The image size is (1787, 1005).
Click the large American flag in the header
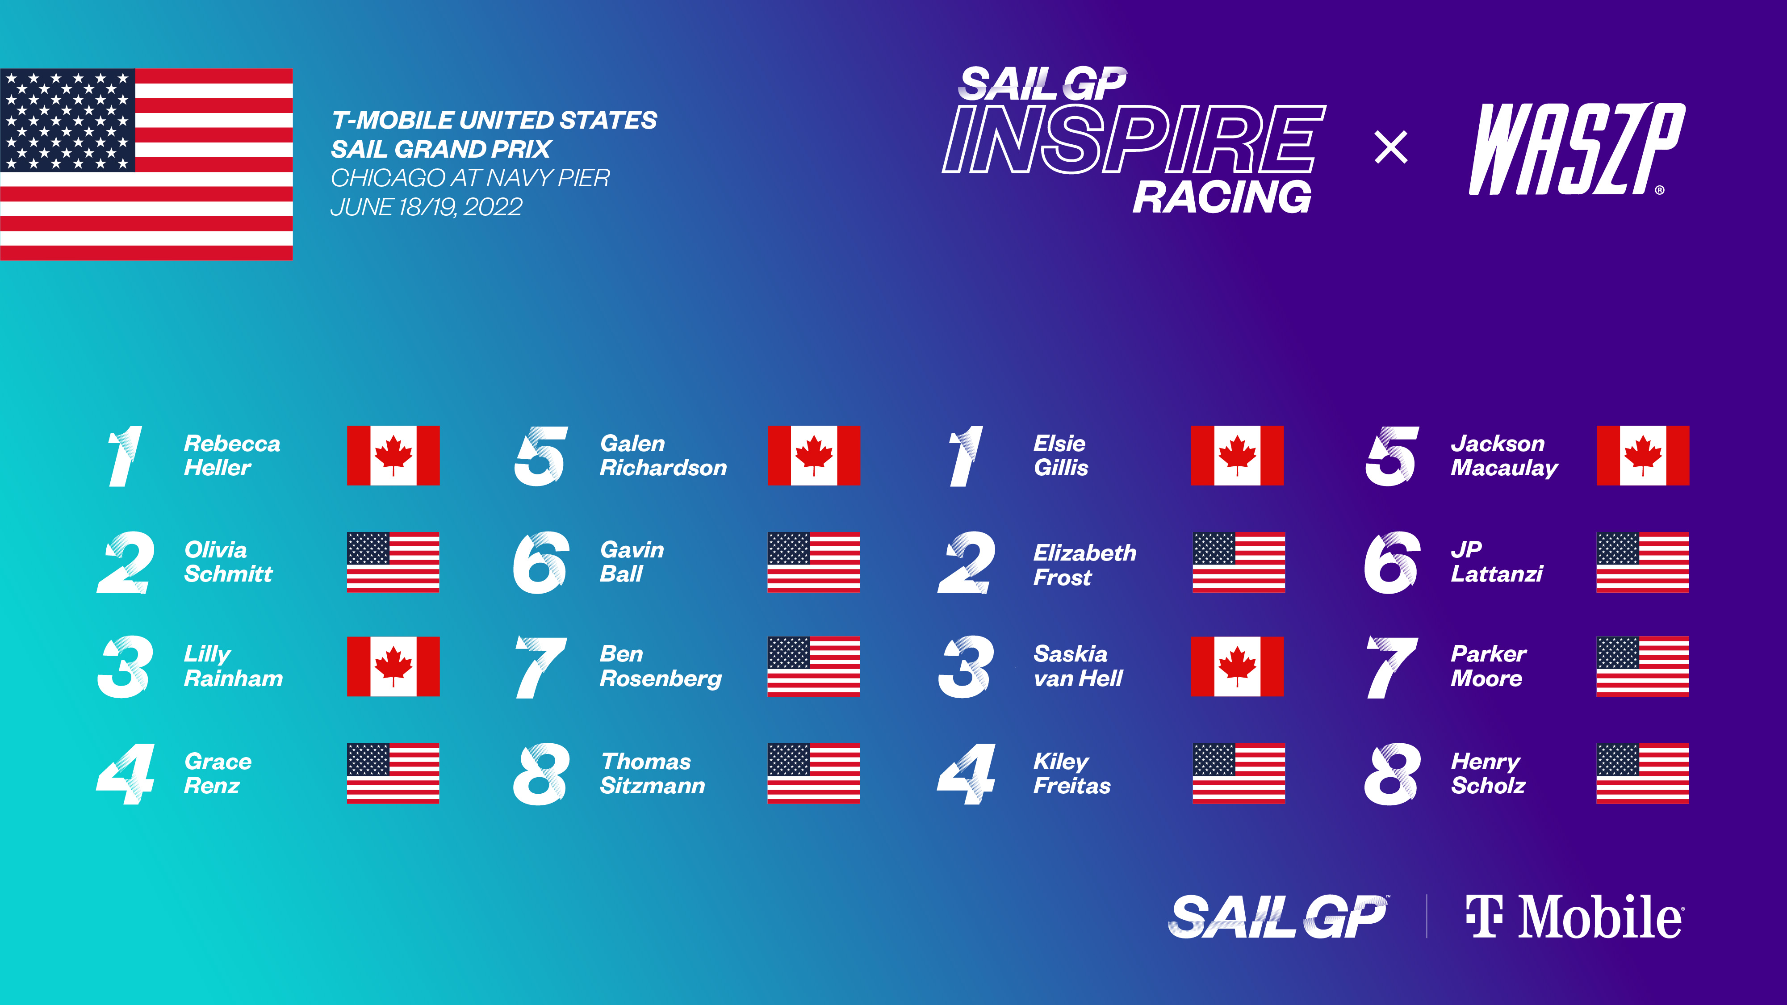(x=146, y=164)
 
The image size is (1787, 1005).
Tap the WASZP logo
(x=1576, y=149)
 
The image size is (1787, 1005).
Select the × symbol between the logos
(x=1391, y=148)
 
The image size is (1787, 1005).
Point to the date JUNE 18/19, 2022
(x=426, y=207)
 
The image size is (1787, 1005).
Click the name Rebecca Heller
(x=232, y=456)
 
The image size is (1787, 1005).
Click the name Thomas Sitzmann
(x=652, y=773)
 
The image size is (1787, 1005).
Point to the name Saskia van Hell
(x=1077, y=666)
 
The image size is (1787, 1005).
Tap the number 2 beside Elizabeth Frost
(x=967, y=562)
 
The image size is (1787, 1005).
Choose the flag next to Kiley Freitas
(x=1238, y=773)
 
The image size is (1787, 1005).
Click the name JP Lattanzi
(x=1496, y=562)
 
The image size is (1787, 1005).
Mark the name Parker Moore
(x=1488, y=666)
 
